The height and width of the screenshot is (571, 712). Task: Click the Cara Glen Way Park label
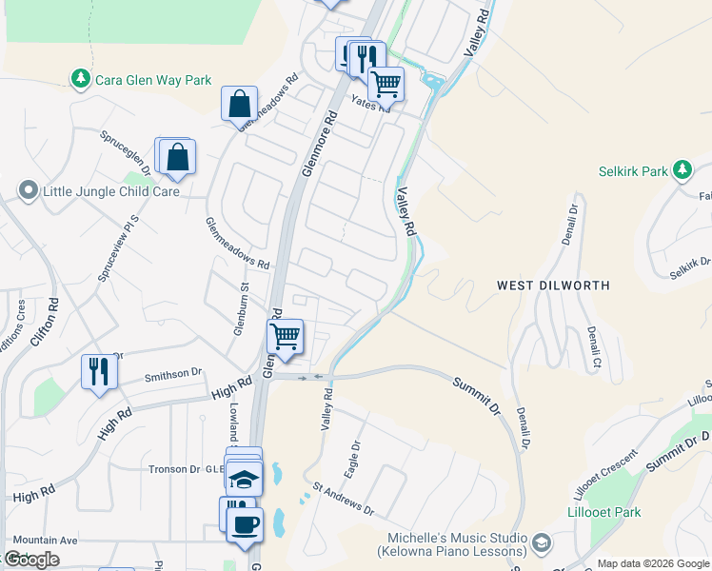pos(152,80)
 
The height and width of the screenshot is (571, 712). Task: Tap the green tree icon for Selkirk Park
pos(682,170)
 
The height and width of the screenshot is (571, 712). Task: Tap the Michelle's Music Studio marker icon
pos(542,543)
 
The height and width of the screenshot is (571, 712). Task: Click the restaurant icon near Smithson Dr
pos(98,370)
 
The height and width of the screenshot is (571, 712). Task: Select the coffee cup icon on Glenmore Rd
pos(245,523)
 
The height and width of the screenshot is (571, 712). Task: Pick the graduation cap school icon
pos(244,478)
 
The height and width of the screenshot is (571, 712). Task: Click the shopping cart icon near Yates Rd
pos(386,84)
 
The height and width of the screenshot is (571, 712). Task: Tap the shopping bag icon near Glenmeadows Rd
pos(240,103)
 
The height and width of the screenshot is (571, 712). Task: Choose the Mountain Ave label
pos(45,540)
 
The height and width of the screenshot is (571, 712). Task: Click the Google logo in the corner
pos(31,560)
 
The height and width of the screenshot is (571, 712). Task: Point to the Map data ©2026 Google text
pos(653,563)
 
